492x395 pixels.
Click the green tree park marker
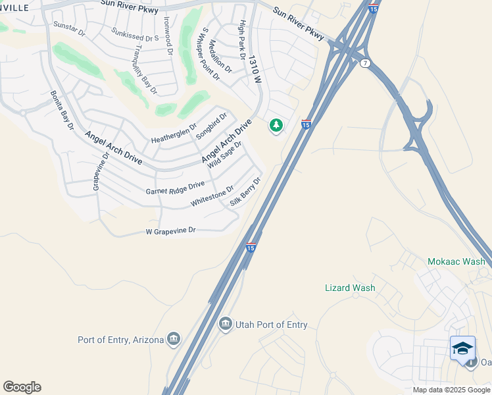point(276,124)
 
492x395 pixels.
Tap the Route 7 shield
point(366,63)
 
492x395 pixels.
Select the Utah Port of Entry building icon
point(226,324)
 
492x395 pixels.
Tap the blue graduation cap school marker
point(462,348)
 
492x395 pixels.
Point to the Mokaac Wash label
point(456,261)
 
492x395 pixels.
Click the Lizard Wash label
point(350,288)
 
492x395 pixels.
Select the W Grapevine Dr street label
point(170,231)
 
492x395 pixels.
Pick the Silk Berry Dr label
point(246,192)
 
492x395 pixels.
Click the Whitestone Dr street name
point(212,196)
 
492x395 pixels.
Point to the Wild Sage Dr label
point(225,155)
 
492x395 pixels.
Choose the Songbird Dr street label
point(211,126)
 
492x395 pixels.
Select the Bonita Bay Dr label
point(62,111)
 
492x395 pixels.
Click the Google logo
point(22,387)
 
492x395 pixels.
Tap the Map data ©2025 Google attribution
point(451,390)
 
